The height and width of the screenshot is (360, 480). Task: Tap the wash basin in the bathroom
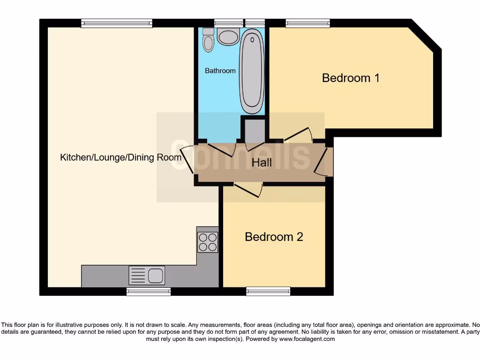point(228,36)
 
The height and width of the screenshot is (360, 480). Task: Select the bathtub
point(252,71)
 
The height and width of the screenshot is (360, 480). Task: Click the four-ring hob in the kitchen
point(208,242)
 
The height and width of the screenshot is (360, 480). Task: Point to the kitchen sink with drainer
point(147,276)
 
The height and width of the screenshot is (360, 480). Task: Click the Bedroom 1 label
point(351,78)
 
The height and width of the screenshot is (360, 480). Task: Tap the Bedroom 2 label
point(274,237)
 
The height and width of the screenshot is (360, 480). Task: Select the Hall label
point(262,163)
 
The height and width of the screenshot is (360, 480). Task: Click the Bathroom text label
point(220,71)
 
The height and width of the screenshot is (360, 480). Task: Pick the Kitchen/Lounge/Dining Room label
point(120,157)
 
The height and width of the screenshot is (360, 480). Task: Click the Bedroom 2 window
point(265,292)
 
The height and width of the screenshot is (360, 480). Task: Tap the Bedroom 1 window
point(307,23)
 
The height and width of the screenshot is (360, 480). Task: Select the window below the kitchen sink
point(148,292)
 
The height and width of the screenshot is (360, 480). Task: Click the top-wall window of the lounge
point(117,23)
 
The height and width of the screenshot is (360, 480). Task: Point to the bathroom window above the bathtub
point(255,23)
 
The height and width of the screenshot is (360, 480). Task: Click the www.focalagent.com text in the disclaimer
point(307,339)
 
